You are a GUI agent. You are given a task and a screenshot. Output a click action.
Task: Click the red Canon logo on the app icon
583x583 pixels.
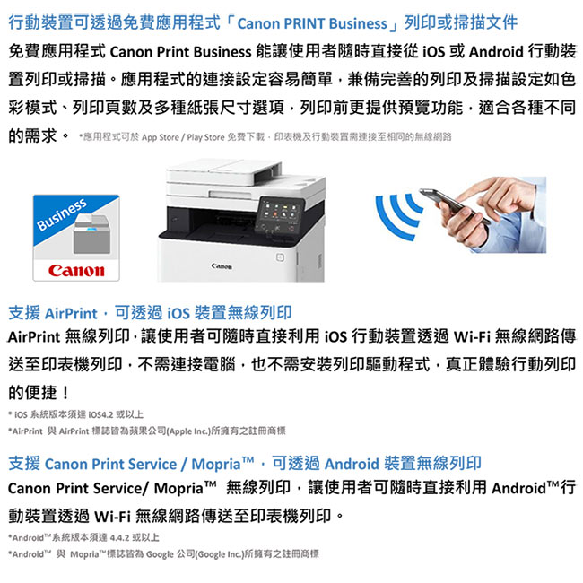pyautogui.click(x=76, y=270)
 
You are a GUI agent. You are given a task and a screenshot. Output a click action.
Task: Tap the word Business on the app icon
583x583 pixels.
pyautogui.click(x=62, y=214)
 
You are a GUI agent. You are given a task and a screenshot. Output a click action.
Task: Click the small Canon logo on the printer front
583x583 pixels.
pyautogui.click(x=222, y=266)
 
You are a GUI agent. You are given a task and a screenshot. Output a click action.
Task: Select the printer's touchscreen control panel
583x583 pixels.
pyautogui.click(x=280, y=215)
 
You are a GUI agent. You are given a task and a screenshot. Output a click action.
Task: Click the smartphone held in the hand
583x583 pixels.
pyautogui.click(x=455, y=205)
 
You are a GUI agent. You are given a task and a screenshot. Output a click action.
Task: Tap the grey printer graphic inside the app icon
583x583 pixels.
pyautogui.click(x=91, y=233)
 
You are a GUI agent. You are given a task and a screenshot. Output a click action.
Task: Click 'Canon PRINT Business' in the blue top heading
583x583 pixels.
pyautogui.click(x=312, y=23)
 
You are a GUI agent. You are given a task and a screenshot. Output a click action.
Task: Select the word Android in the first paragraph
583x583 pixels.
pyautogui.click(x=496, y=51)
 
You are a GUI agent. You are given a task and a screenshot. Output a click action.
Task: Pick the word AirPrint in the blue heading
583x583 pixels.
pyautogui.click(x=71, y=313)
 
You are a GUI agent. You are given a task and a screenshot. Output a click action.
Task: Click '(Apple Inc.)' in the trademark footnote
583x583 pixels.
pyautogui.click(x=188, y=431)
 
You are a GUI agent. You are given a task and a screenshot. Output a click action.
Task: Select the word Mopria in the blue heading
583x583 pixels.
pyautogui.click(x=216, y=464)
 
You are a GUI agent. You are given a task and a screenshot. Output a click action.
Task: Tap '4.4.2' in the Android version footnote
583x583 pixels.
pyautogui.click(x=119, y=537)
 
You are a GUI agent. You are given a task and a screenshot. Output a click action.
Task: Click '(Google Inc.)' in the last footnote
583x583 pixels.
pyautogui.click(x=219, y=554)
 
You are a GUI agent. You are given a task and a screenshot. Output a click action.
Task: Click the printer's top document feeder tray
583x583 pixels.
pyautogui.click(x=223, y=170)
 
